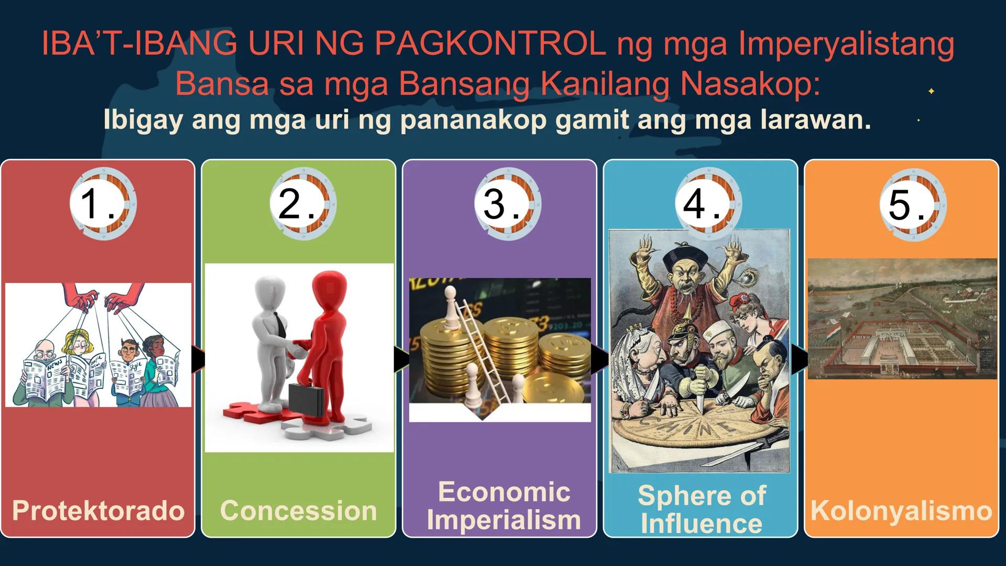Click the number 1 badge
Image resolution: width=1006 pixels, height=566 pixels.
click(102, 203)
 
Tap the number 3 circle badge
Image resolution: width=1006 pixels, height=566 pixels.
click(507, 203)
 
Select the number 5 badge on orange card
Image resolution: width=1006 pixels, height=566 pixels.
click(913, 204)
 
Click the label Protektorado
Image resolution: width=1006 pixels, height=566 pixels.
click(98, 510)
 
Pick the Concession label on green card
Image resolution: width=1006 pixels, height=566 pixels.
click(298, 510)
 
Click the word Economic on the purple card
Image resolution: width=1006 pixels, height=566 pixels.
click(504, 492)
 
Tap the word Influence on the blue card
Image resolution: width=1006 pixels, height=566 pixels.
click(701, 523)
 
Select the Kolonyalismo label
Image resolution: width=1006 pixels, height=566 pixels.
click(901, 510)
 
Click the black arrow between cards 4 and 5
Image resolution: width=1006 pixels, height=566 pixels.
click(799, 360)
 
